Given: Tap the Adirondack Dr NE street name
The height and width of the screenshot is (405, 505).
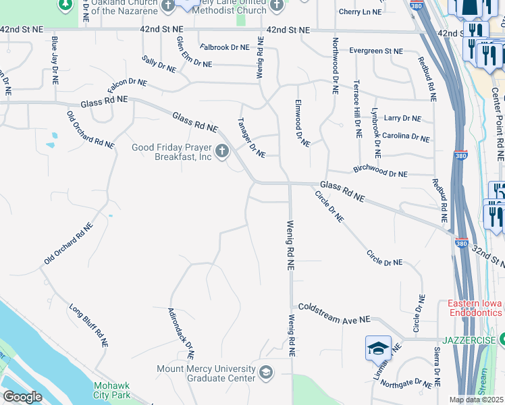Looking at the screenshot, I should pyautogui.click(x=180, y=333).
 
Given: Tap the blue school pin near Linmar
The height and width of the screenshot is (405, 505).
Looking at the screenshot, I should pyautogui.click(x=378, y=348).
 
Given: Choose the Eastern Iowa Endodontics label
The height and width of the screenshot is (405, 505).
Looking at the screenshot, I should pyautogui.click(x=475, y=308).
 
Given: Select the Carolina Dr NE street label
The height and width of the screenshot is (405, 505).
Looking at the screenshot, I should pyautogui.click(x=405, y=136).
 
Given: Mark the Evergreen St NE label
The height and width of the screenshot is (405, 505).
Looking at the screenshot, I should pyautogui.click(x=375, y=51).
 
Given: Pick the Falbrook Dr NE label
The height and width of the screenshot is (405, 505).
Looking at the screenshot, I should pyautogui.click(x=225, y=47).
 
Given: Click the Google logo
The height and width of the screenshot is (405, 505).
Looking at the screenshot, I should pyautogui.click(x=22, y=397).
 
